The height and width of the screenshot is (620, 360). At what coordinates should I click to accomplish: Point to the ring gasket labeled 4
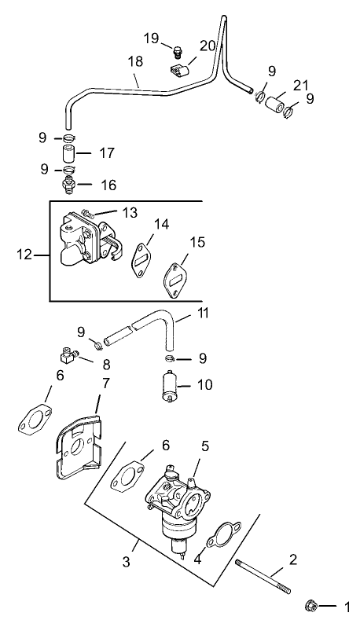pyautogui.click(x=218, y=537)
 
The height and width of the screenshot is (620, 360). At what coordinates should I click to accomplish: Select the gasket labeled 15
pyautogui.click(x=178, y=278)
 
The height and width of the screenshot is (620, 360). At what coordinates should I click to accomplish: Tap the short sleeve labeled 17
pyautogui.click(x=68, y=152)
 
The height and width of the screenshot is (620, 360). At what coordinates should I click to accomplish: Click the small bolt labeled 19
pyautogui.click(x=178, y=53)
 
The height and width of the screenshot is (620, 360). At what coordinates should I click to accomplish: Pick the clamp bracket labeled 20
pyautogui.click(x=180, y=73)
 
